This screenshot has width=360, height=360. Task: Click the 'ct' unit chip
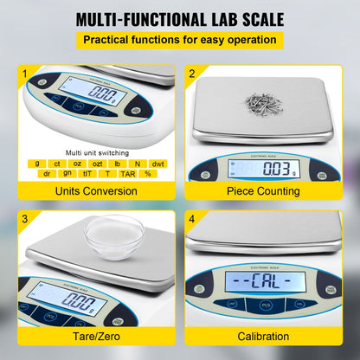[56, 163]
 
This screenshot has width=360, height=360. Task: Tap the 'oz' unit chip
[75, 163]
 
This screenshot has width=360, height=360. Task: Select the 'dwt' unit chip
[157, 163]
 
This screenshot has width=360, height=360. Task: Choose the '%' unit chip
[147, 174]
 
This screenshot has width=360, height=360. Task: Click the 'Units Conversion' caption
[90, 191]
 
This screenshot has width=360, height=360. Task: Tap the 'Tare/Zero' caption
[90, 336]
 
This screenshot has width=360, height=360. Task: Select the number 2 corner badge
[192, 74]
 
